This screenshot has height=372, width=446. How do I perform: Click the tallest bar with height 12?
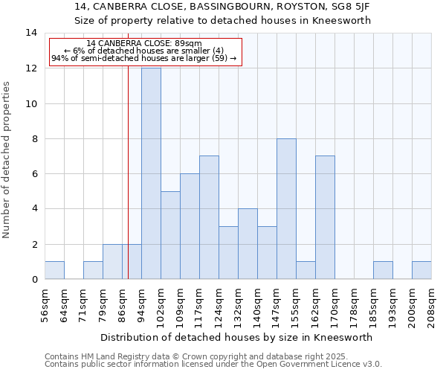tap(151, 173)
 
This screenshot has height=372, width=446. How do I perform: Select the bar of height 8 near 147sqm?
tap(286, 208)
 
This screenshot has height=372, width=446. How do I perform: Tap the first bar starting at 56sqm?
tap(54, 270)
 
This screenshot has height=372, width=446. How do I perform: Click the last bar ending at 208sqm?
tap(421, 270)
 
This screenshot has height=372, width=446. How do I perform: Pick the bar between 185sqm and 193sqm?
tap(383, 270)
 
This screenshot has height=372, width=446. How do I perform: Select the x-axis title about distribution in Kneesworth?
tap(236, 337)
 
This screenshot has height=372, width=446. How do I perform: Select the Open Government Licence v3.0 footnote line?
tap(213, 365)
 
